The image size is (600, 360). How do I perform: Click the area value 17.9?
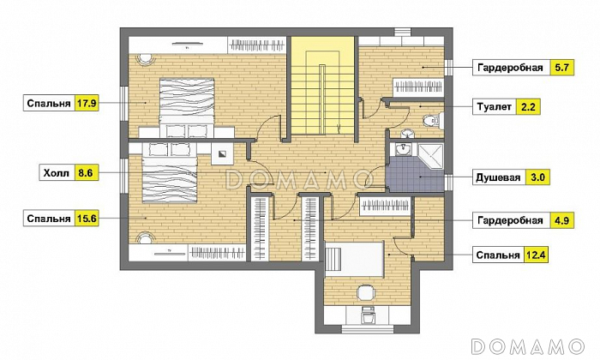[87, 104]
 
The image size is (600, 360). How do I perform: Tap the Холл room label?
[57, 173]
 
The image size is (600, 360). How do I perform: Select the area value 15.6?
[87, 219]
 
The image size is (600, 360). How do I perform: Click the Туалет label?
[494, 107]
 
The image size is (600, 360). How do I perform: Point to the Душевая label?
[498, 177]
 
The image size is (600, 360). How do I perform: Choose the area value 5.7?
[561, 68]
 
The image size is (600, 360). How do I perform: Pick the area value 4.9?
[561, 220]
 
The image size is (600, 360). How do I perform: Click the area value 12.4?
[535, 255]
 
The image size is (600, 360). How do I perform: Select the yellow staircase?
[321, 86]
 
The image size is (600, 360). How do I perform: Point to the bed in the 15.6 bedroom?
[170, 172]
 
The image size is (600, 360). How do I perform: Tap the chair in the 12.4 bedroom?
[366, 293]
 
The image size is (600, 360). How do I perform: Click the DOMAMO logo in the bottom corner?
[528, 346]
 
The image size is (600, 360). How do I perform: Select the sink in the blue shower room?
[402, 150]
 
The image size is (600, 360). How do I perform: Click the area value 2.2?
[528, 107]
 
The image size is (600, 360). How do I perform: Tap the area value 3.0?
[537, 177]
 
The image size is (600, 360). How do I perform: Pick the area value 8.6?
[86, 173]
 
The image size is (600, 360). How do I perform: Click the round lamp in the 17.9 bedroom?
[146, 58]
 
